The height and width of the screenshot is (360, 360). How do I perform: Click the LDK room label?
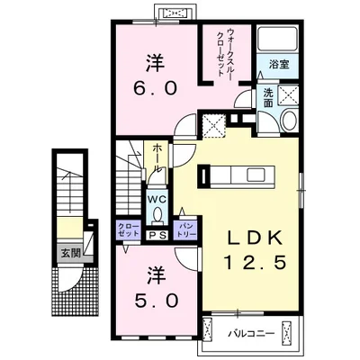coord(254,238)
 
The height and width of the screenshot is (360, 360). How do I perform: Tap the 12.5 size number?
coord(255,265)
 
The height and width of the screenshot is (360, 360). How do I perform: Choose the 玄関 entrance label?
coord(71,253)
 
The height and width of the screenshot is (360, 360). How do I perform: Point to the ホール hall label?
coord(157,158)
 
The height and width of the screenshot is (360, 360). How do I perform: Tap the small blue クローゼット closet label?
coord(128,229)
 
